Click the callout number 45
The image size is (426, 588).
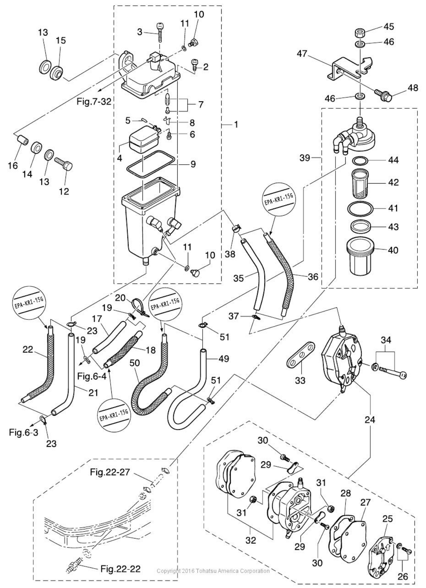(389, 27)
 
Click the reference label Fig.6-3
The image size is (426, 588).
(23, 432)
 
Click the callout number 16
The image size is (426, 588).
(13, 166)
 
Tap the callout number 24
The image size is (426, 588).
(370, 419)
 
